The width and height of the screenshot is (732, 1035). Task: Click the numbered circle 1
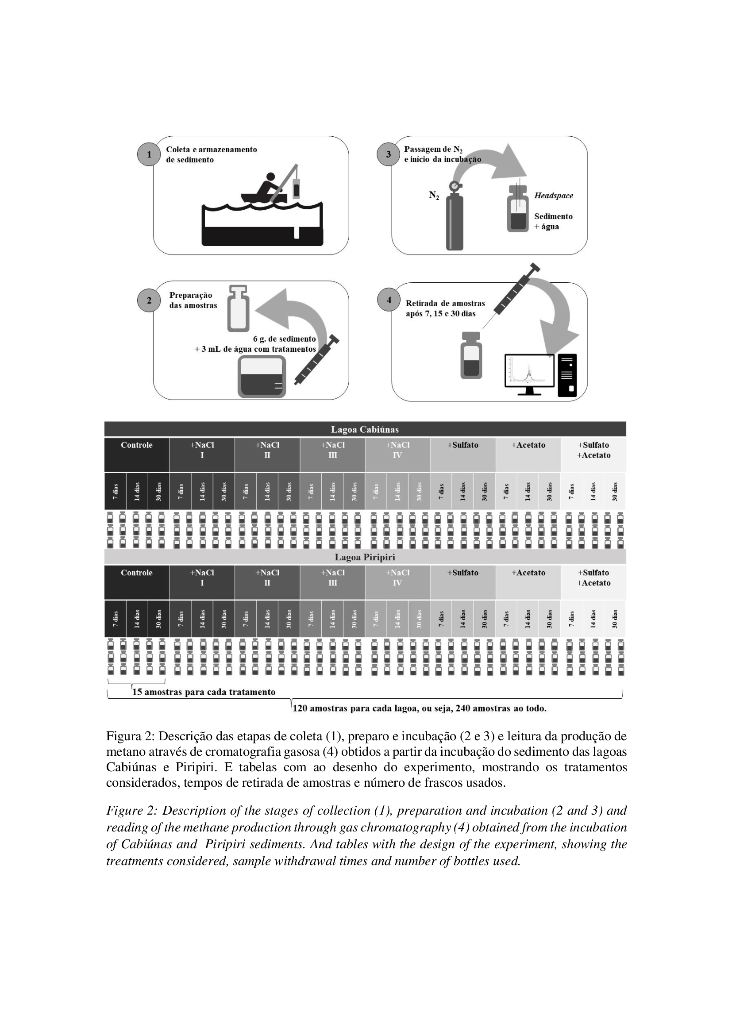tap(149, 154)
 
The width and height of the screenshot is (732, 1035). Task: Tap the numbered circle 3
tap(389, 154)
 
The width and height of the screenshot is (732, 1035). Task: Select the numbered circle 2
tap(149, 300)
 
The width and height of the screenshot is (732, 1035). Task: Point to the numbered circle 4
tap(389, 300)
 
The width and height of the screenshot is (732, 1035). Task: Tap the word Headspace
tap(554, 196)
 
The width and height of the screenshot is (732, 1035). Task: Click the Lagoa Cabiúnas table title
tap(365, 430)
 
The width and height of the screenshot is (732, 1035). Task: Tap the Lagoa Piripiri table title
tap(365, 557)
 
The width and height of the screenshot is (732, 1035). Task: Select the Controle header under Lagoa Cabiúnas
tap(137, 446)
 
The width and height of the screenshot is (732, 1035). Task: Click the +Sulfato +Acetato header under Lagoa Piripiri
tap(593, 578)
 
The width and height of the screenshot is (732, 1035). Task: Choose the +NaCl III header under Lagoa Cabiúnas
tap(333, 450)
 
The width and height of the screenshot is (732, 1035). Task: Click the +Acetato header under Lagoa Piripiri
tap(528, 573)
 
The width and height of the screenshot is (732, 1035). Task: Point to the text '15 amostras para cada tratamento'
tap(203, 692)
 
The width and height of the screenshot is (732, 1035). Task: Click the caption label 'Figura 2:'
tap(131, 737)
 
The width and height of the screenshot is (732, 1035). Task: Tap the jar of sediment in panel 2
tap(262, 377)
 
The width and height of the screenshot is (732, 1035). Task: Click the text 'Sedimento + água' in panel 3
tap(553, 221)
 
